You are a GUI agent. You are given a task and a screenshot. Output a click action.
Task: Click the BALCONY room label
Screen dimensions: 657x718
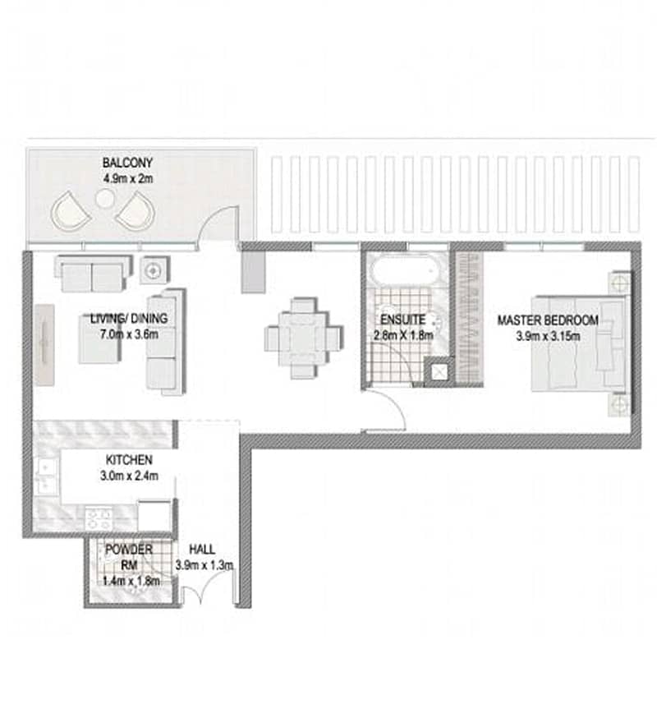(x=127, y=163)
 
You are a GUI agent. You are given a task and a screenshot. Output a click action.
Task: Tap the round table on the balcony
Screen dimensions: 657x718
(x=104, y=198)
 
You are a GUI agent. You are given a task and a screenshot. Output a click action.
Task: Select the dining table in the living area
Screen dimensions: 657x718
(x=303, y=338)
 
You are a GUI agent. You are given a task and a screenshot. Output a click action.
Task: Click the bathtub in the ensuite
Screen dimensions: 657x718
(x=403, y=271)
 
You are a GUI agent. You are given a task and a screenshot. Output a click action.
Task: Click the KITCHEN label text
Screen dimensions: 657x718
(x=129, y=460)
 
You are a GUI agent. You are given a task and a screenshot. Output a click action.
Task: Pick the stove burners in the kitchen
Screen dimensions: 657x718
(x=99, y=519)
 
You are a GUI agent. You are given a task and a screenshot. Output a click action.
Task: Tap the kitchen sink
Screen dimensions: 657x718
(x=46, y=476)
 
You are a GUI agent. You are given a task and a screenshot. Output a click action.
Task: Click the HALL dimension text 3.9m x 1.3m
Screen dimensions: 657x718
(x=204, y=565)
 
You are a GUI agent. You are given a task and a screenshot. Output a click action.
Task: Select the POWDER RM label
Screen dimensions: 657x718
(x=129, y=557)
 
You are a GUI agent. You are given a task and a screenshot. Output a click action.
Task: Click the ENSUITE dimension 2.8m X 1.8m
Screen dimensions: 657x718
(x=403, y=335)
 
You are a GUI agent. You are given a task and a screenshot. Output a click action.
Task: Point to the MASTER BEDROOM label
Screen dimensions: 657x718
(x=548, y=320)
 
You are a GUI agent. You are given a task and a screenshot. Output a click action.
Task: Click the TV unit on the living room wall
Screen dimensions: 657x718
(x=45, y=344)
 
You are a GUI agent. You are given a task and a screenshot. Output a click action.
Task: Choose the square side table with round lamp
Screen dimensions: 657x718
(x=154, y=270)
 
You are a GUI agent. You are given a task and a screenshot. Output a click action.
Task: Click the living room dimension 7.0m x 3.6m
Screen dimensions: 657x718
(x=129, y=334)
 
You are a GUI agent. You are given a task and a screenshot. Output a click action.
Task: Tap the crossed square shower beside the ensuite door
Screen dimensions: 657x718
(x=439, y=372)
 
